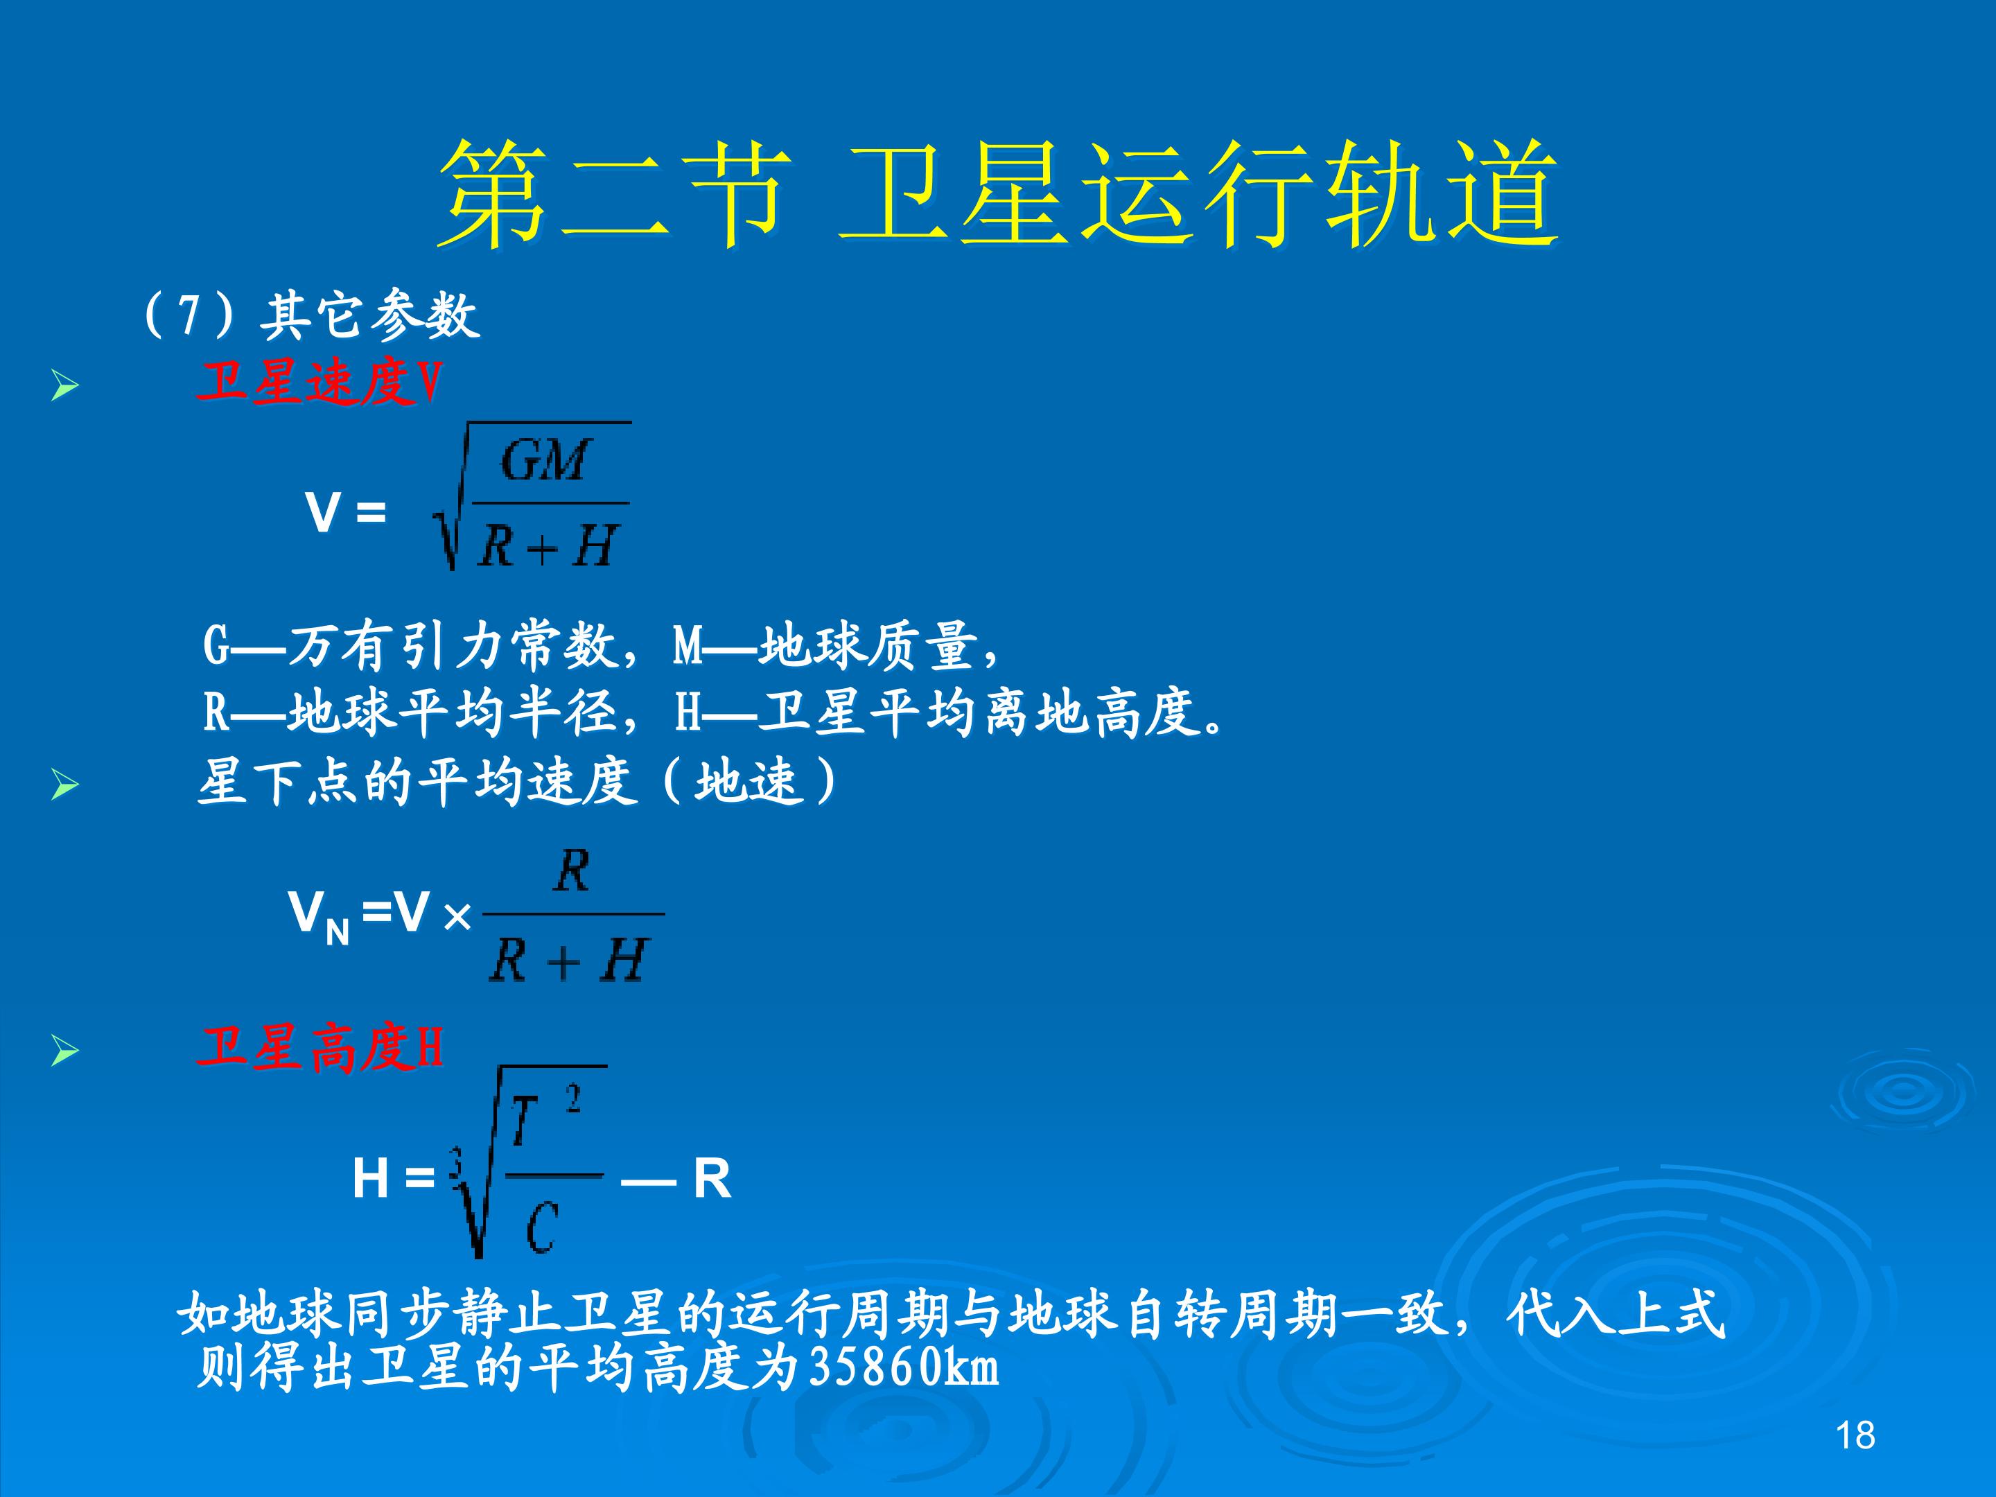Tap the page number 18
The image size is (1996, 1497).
(x=1855, y=1435)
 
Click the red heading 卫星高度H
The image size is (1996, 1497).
(x=320, y=1048)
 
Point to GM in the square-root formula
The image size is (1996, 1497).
(x=545, y=460)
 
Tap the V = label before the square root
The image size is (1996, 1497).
(x=346, y=513)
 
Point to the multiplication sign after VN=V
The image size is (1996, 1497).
(x=457, y=918)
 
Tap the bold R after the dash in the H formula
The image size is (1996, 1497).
(x=712, y=1178)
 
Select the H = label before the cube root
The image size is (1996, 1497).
(x=394, y=1178)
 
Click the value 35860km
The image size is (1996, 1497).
(x=904, y=1367)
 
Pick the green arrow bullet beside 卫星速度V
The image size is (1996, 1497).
(x=65, y=386)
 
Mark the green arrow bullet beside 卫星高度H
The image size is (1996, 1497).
(x=65, y=1051)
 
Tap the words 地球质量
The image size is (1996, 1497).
(x=868, y=646)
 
